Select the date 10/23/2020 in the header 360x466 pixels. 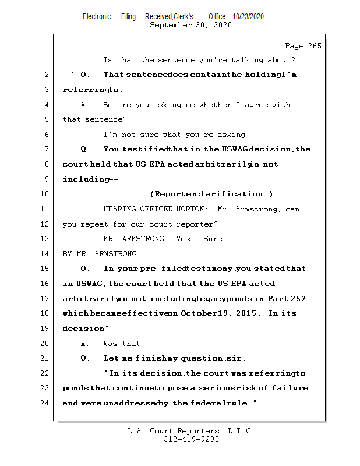pos(248,17)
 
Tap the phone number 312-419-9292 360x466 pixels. pos(191,439)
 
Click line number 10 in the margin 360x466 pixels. pos(45,194)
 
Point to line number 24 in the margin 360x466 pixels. pos(45,403)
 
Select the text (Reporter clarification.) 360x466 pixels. pos(211,194)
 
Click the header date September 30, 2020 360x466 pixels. pos(190,25)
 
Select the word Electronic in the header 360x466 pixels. pos(97,17)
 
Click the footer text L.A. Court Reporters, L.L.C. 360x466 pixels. pos(190,431)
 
